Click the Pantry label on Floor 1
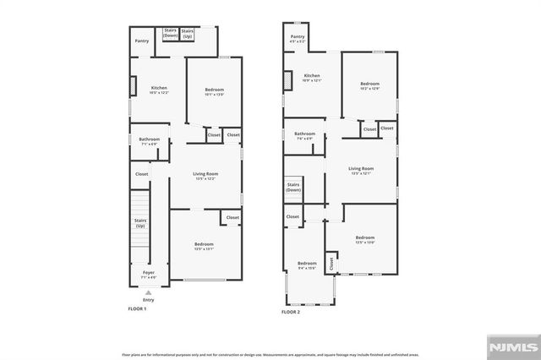(x=141, y=41)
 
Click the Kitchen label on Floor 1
(x=159, y=90)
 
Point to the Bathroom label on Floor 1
(x=150, y=140)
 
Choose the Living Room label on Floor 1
(x=205, y=176)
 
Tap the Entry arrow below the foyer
(x=149, y=292)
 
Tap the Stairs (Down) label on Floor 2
(x=293, y=187)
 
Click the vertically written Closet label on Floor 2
(x=331, y=264)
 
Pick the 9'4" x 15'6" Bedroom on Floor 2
(x=307, y=265)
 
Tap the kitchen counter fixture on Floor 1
(x=132, y=87)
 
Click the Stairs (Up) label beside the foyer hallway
(x=140, y=224)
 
